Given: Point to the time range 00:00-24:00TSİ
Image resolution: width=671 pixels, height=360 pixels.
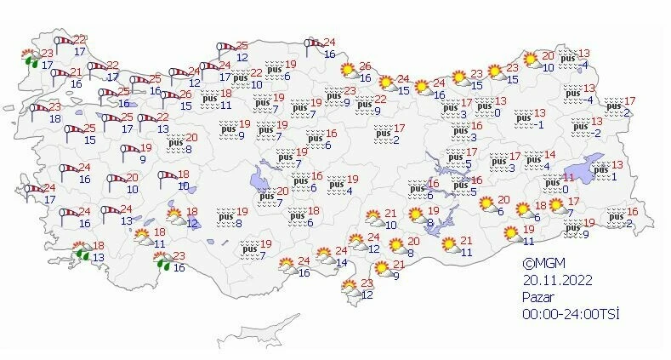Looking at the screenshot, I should pyautogui.click(x=571, y=313).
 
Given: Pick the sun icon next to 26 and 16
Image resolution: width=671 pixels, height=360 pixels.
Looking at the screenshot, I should pyautogui.click(x=347, y=71).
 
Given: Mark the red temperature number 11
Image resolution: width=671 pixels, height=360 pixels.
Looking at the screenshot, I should pyautogui.click(x=569, y=177).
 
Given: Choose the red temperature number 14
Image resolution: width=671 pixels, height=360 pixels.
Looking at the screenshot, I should pyautogui.click(x=549, y=155).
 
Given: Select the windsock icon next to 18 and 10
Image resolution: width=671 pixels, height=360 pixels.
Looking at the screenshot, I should pyautogui.click(x=166, y=178).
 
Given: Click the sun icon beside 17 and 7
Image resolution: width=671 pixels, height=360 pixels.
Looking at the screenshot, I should pyautogui.click(x=556, y=205).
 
